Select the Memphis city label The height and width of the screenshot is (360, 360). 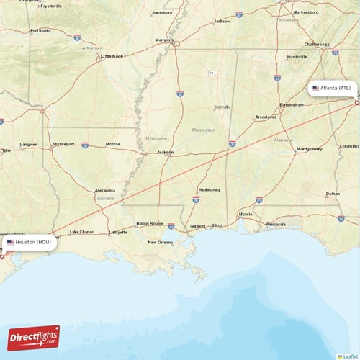pyautogui.click(x=164, y=40)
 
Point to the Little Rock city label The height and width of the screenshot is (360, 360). pyautogui.click(x=112, y=55)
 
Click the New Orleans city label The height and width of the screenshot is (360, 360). pyautogui.click(x=160, y=242)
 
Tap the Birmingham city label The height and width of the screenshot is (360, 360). pyautogui.click(x=291, y=104)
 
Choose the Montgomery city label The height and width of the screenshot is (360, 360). pyautogui.click(x=310, y=149)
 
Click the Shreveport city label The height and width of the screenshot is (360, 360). pyautogui.click(x=63, y=144)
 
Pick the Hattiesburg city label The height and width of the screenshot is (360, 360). pyautogui.click(x=210, y=190)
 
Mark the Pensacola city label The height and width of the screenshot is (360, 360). pyautogui.click(x=275, y=224)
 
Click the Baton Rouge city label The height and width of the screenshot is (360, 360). pyautogui.click(x=150, y=223)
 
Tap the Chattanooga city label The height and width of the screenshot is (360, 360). pyautogui.click(x=317, y=44)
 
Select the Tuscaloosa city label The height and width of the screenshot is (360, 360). pyautogui.click(x=266, y=117)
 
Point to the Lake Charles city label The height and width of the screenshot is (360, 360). pyautogui.click(x=81, y=232)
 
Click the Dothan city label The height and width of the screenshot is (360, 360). pyautogui.click(x=333, y=194)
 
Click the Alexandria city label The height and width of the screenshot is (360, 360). pyautogui.click(x=104, y=191)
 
